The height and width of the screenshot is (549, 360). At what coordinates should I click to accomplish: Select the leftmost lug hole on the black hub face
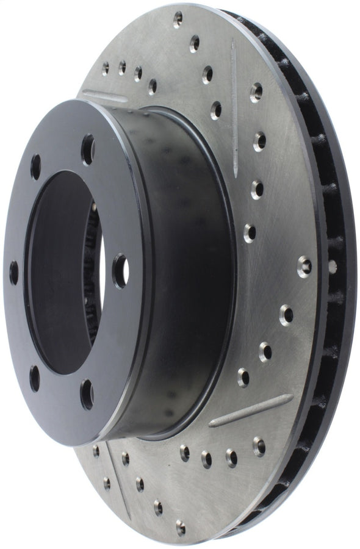(x=13, y=273)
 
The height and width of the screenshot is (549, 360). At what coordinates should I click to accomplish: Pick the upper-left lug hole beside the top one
(x=35, y=166)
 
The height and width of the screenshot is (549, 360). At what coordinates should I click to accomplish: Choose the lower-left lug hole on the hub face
(x=34, y=378)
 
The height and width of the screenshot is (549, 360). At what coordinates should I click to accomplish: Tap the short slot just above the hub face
(x=104, y=96)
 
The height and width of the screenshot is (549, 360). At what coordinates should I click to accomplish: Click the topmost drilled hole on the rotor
(x=178, y=20)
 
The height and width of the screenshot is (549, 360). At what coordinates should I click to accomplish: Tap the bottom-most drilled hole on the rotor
(x=180, y=528)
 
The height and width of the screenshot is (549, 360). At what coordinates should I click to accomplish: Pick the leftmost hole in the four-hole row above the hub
(x=105, y=68)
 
